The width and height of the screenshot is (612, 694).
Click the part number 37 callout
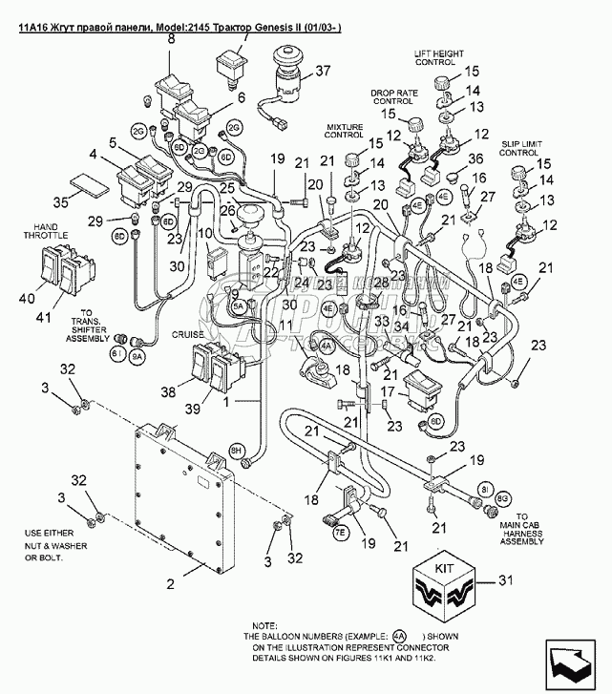point(322,71)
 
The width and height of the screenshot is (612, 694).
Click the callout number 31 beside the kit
point(507,579)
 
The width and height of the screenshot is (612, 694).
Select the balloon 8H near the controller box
point(238,449)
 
